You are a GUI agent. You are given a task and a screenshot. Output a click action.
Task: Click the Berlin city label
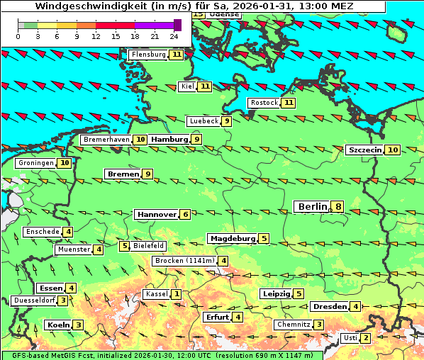tap(313, 206)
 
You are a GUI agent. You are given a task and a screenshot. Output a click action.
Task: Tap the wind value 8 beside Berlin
tap(339, 207)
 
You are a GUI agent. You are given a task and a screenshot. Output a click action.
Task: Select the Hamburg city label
tap(169, 140)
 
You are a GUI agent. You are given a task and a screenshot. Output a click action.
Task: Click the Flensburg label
tap(148, 54)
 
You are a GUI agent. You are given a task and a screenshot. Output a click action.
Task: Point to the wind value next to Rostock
tap(288, 103)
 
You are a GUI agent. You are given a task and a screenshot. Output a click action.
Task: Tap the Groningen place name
tap(35, 163)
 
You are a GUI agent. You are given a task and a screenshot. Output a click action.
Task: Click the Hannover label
tap(156, 214)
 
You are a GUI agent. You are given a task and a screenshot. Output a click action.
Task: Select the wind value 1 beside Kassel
tap(176, 294)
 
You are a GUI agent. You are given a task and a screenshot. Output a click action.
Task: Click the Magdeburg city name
tap(232, 238)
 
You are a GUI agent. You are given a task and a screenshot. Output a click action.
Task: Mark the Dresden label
tap(329, 306)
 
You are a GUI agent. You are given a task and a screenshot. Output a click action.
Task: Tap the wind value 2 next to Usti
tap(366, 338)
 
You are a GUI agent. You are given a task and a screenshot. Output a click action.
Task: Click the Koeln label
tap(58, 325)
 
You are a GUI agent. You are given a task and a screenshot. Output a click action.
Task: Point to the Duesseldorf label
tap(34, 300)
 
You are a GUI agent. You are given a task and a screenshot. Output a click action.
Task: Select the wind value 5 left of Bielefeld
tap(125, 246)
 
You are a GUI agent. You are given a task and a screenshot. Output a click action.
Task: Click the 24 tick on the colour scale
tap(174, 35)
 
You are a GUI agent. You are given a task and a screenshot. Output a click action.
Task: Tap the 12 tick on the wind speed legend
tap(96, 35)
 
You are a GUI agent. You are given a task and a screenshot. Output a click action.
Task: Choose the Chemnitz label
tap(294, 325)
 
